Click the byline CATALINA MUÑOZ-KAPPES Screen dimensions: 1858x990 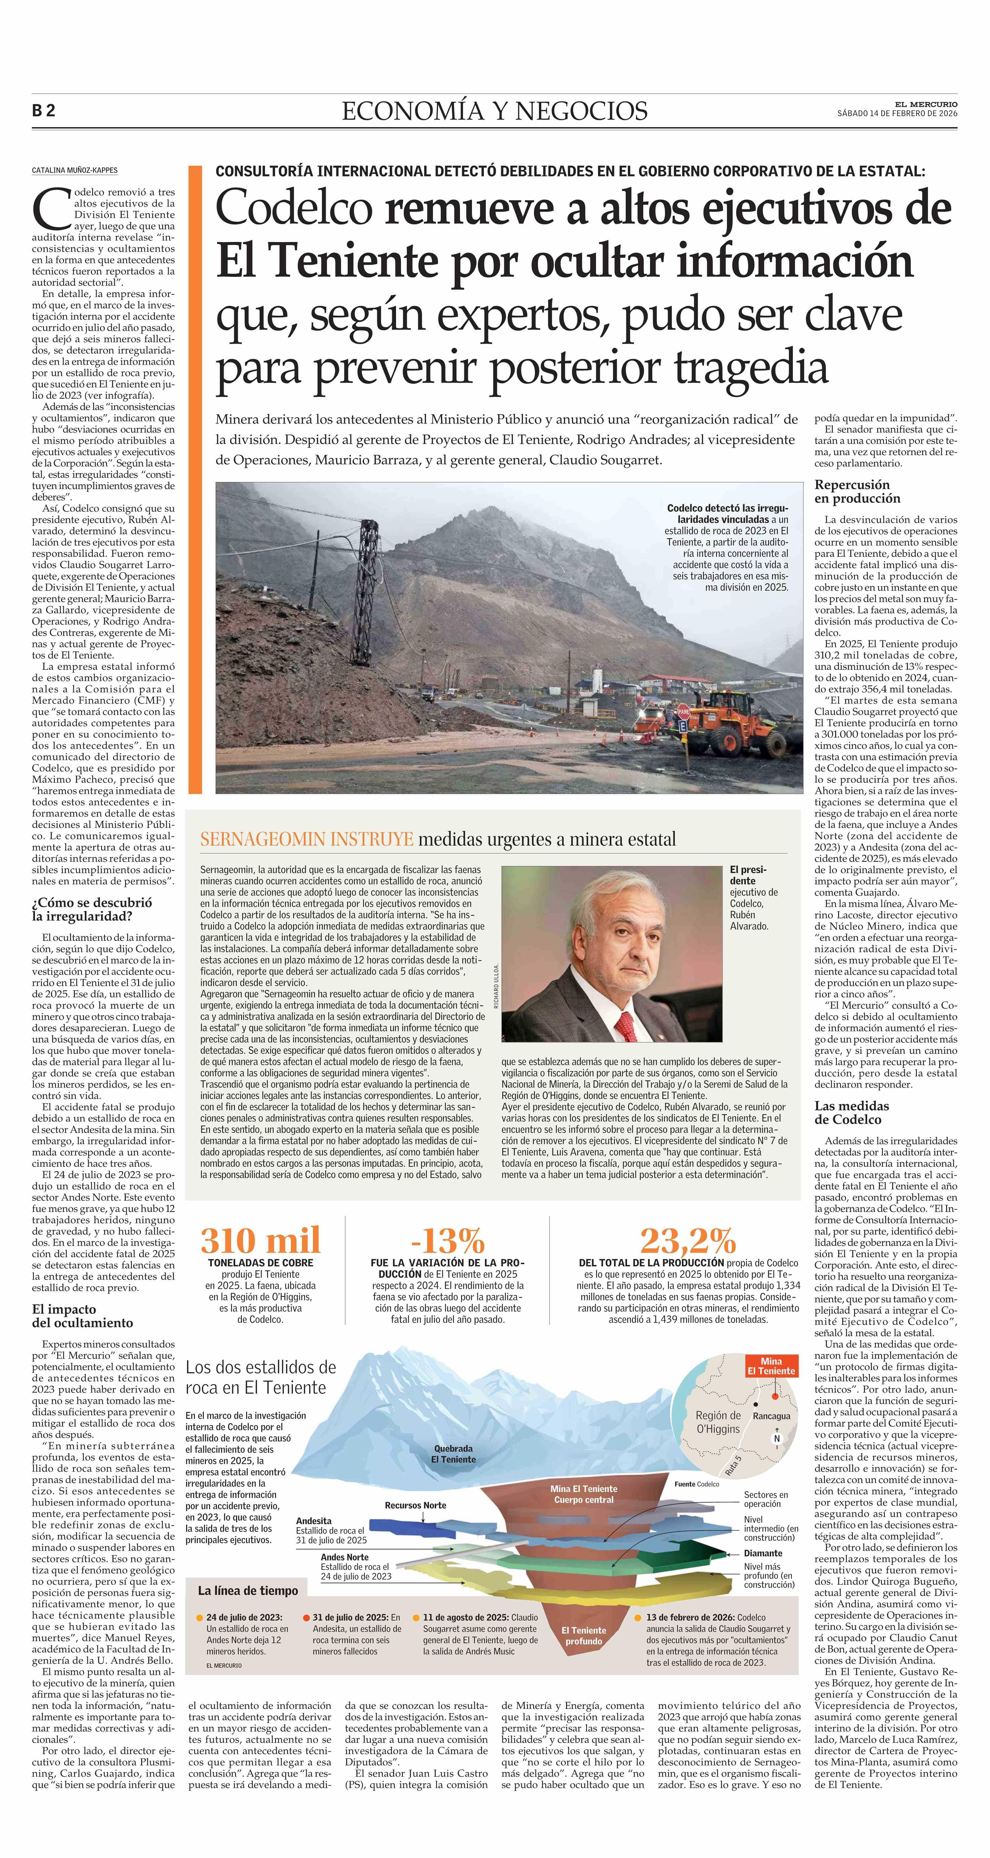point(74,170)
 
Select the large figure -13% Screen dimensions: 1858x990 point(447,1240)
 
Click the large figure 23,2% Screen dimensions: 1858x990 point(688,1240)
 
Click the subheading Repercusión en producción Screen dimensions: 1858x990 point(852,491)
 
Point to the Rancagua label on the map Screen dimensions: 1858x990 point(771,1416)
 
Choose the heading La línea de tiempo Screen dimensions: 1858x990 point(247,1590)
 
